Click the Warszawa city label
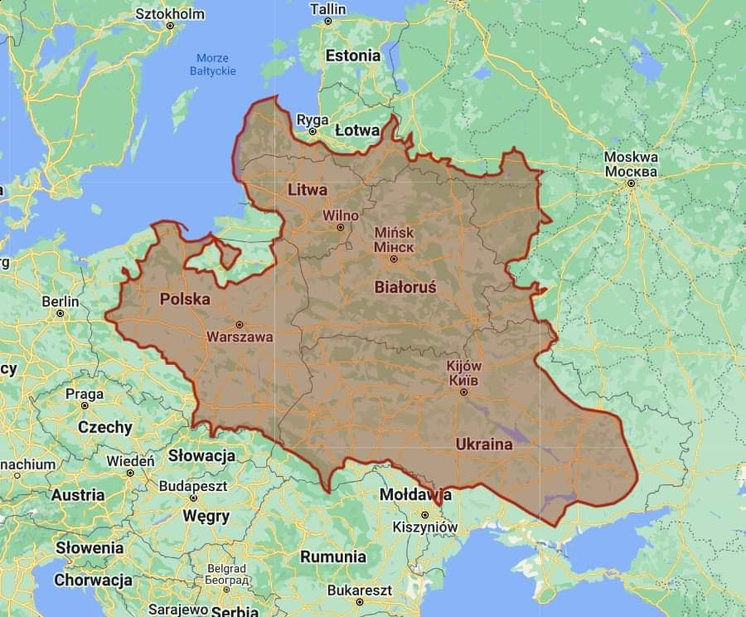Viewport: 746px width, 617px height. (x=240, y=338)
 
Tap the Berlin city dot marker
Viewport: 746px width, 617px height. (x=60, y=313)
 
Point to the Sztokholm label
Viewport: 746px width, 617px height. (x=169, y=14)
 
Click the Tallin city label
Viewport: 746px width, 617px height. (x=328, y=9)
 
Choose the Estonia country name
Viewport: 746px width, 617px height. (x=353, y=56)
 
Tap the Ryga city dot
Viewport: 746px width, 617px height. (x=312, y=131)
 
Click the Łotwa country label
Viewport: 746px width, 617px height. (x=357, y=130)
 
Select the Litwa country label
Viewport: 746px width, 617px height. (x=308, y=190)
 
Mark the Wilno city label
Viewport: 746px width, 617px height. (x=341, y=216)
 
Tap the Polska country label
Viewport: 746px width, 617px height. (x=185, y=299)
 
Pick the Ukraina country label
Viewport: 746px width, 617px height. (x=484, y=445)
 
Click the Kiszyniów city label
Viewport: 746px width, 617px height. (x=425, y=527)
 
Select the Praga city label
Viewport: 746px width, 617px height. (x=85, y=393)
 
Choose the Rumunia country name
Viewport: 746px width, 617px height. (x=332, y=556)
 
